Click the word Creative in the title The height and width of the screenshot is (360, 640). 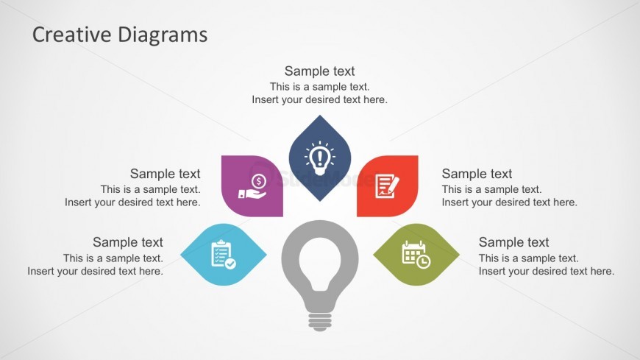pos(72,35)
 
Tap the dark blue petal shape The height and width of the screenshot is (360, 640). pos(319,158)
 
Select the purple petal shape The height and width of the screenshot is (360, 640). pos(252,186)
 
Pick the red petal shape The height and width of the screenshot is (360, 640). pos(388,186)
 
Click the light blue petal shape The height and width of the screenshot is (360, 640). pos(224,254)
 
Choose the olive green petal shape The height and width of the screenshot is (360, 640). pos(416,254)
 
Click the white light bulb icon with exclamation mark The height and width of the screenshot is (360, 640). pos(319,158)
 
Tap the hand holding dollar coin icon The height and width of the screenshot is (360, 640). pos(252,186)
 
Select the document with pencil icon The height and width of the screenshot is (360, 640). pos(387,186)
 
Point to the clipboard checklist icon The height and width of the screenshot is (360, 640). pos(224,254)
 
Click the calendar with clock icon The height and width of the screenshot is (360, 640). pos(416,255)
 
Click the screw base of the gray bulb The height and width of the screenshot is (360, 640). pos(319,322)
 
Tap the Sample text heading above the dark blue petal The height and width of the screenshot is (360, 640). pos(319,71)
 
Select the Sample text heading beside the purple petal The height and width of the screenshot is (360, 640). pos(165,174)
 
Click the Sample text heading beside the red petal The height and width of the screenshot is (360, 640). pos(477,174)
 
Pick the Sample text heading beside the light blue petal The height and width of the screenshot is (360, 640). pos(128,242)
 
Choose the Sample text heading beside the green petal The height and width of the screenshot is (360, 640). pos(514,242)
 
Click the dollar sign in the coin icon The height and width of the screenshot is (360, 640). pos(259,180)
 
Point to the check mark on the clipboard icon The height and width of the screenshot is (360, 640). pos(230,264)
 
